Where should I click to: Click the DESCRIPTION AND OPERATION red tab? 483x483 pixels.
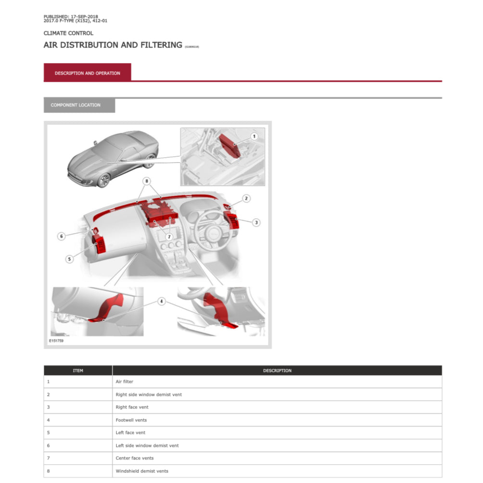pyautogui.click(x=87, y=73)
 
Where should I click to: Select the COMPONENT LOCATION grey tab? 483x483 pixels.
pyautogui.click(x=79, y=105)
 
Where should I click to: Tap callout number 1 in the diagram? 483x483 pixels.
pyautogui.click(x=254, y=136)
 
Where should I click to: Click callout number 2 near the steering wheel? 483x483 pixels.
pyautogui.click(x=246, y=198)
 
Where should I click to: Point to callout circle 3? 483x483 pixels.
pyautogui.click(x=256, y=222)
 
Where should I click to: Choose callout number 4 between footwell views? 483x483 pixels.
pyautogui.click(x=162, y=301)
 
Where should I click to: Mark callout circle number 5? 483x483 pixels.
pyautogui.click(x=70, y=259)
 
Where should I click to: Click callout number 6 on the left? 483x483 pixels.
pyautogui.click(x=61, y=236)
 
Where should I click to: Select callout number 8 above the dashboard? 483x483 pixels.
pyautogui.click(x=147, y=181)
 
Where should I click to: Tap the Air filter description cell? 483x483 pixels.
pyautogui.click(x=124, y=381)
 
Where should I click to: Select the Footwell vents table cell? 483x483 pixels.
pyautogui.click(x=131, y=420)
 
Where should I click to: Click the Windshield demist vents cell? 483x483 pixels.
pyautogui.click(x=142, y=471)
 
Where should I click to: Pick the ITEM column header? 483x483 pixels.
pyautogui.click(x=78, y=370)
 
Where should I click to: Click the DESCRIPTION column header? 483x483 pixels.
pyautogui.click(x=277, y=370)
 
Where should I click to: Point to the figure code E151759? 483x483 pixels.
pyautogui.click(x=56, y=341)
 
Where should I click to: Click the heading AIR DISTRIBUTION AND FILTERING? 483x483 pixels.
pyautogui.click(x=113, y=45)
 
